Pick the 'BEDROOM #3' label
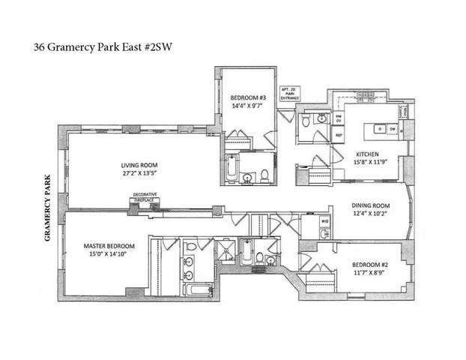point(246,98)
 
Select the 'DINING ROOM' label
point(372,205)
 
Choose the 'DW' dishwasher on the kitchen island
point(392,128)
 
